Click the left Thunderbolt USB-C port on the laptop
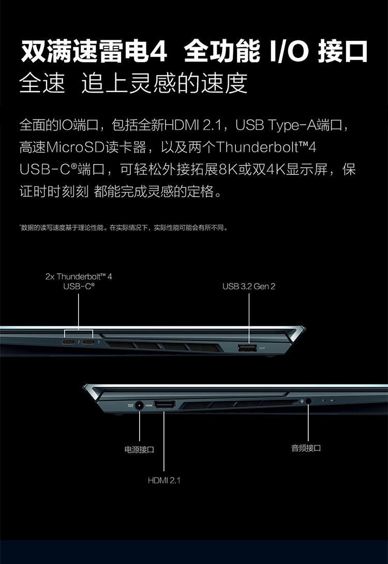68,343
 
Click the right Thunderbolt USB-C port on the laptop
89,343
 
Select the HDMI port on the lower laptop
164,405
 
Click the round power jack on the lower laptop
139,406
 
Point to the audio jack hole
309,400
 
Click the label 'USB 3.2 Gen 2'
249,286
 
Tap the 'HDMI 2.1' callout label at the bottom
164,480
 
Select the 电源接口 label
139,449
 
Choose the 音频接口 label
306,448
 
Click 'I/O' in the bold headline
289,52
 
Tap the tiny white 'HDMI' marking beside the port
148,405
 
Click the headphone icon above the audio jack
302,399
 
